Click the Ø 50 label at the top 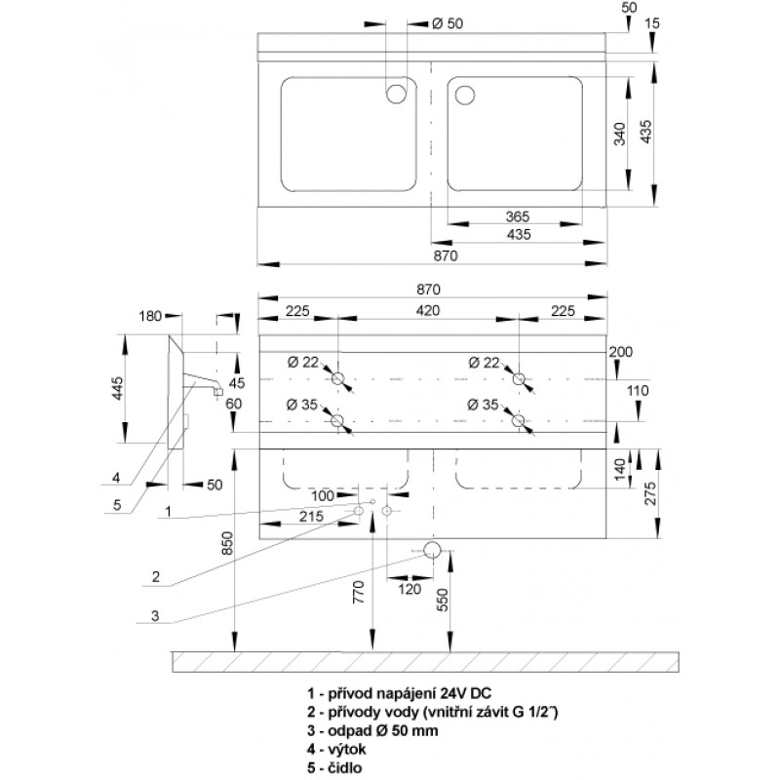[448, 23]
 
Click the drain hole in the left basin [397, 93]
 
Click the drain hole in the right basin [465, 95]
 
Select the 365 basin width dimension [518, 216]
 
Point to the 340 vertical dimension [620, 134]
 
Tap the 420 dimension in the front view [428, 310]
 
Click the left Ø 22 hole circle [337, 379]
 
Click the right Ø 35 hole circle [519, 421]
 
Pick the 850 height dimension [227, 544]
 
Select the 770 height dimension [359, 592]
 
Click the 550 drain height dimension [443, 600]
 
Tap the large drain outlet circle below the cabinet [432, 550]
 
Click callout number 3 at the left [155, 616]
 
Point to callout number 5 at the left [117, 505]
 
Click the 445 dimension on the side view [117, 388]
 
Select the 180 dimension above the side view [150, 316]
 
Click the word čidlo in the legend [345, 767]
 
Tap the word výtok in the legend [347, 749]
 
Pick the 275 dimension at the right [650, 493]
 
